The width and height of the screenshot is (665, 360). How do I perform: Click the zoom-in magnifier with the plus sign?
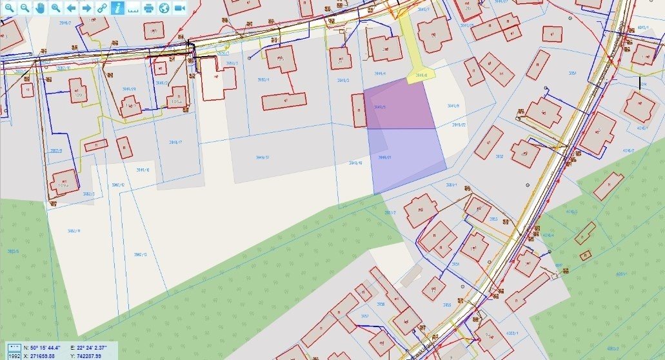[9, 8]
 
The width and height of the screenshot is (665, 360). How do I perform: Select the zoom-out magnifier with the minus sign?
[25, 8]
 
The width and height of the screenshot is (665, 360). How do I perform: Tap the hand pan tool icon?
[40, 8]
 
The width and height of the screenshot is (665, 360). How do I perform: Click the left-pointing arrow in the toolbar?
[71, 8]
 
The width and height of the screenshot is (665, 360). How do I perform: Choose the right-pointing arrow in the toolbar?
[86, 8]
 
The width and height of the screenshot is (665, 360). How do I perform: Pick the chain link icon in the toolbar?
[102, 8]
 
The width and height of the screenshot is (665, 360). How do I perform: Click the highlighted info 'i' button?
[117, 8]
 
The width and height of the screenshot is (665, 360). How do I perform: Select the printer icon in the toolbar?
[149, 8]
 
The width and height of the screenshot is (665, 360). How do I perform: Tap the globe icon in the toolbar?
[164, 8]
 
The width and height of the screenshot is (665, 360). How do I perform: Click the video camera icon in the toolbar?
[179, 8]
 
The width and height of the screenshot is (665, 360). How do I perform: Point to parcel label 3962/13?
[140, 255]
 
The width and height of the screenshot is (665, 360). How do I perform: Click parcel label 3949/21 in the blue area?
[386, 157]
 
